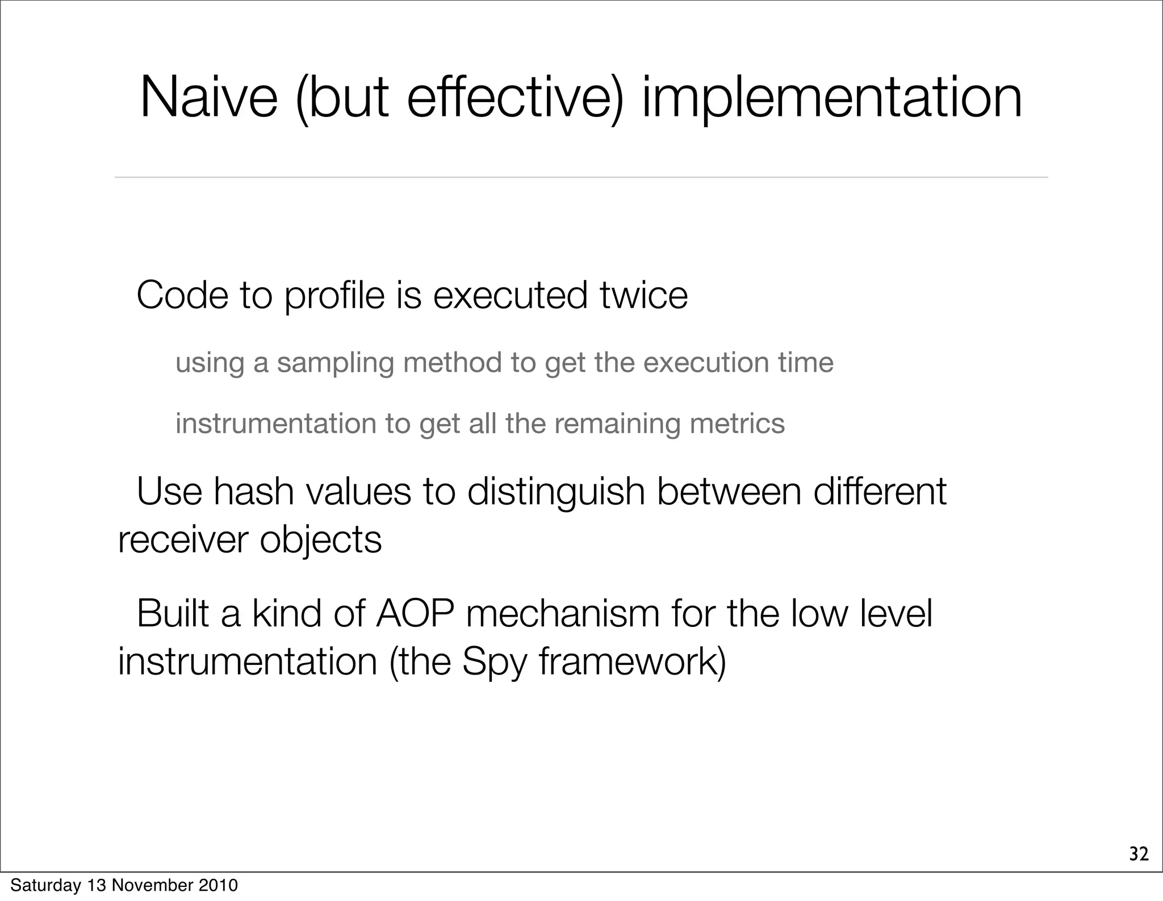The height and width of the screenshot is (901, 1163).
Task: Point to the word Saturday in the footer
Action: tap(45, 885)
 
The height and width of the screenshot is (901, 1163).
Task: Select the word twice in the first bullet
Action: tap(644, 296)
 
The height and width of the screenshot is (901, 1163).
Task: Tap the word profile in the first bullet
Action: tap(334, 296)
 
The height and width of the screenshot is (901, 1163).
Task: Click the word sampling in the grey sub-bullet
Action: tap(335, 363)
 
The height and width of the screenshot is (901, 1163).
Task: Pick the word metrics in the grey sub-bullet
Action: tap(737, 424)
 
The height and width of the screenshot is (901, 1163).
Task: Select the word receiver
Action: tap(183, 539)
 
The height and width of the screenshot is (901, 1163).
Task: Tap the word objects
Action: tap(321, 539)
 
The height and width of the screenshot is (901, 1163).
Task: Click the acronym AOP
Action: tap(415, 614)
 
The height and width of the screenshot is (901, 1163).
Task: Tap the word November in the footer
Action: tap(149, 885)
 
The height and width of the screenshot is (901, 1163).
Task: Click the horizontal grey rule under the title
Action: tap(581, 177)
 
